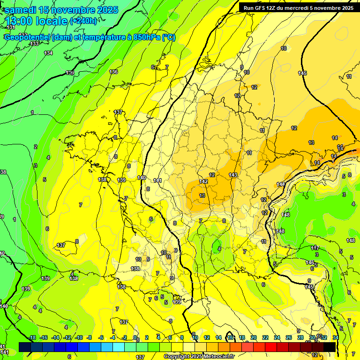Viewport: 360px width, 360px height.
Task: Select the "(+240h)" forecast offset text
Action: coord(83,21)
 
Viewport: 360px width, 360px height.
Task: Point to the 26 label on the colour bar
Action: coord(289,337)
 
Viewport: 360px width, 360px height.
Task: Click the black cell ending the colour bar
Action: coord(330,347)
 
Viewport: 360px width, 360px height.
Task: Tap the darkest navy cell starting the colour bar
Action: coord(25,347)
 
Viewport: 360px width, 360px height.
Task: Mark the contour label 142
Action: coord(203,181)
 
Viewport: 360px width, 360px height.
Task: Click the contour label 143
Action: coord(233,175)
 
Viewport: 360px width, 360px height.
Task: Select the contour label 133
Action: coord(34,44)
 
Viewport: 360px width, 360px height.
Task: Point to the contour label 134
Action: coord(48,53)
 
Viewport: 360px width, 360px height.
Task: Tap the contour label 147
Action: coord(315,248)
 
